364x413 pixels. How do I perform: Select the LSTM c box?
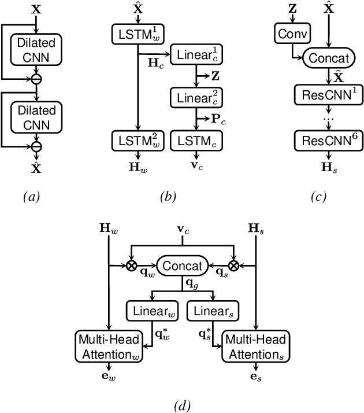192,139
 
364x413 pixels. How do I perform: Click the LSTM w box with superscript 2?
138,139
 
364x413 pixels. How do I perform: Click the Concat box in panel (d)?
183,266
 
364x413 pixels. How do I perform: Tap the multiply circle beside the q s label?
233,266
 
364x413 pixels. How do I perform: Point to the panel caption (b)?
167,197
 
